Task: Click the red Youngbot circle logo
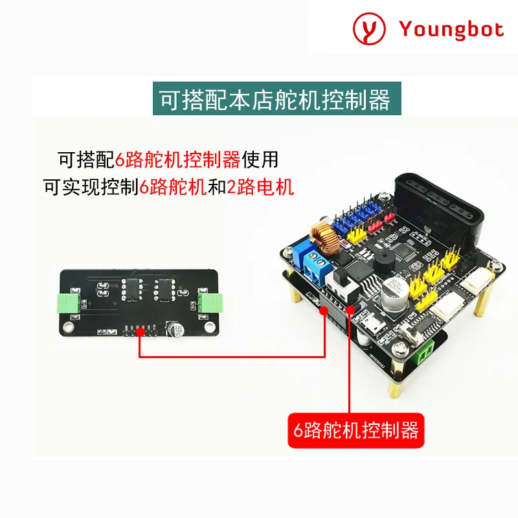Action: point(369,29)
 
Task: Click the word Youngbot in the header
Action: point(451,29)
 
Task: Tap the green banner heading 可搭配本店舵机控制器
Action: point(276,100)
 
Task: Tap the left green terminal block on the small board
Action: point(69,302)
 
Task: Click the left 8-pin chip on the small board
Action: point(129,289)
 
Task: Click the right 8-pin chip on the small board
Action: point(162,289)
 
